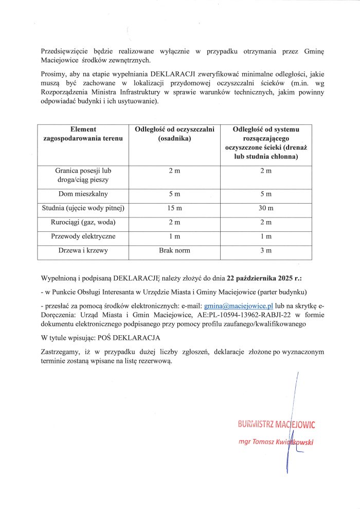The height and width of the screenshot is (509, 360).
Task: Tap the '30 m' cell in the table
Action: [x=265, y=208]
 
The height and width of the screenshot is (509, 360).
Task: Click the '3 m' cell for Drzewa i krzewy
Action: [x=265, y=250]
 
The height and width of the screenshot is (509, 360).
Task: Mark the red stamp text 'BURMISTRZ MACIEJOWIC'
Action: [x=276, y=425]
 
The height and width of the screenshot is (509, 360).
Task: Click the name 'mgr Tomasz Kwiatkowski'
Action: [x=276, y=442]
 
